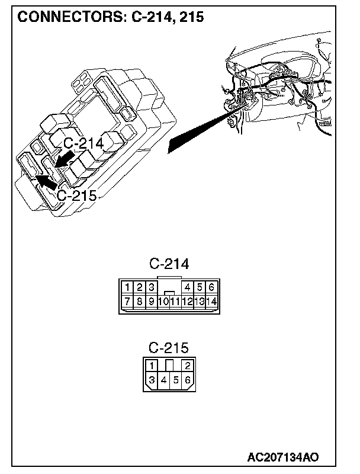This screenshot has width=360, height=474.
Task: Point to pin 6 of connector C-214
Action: [x=211, y=287]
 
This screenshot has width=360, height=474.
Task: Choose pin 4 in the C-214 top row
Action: [x=188, y=287]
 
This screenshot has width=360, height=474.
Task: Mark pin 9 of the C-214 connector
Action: [x=152, y=302]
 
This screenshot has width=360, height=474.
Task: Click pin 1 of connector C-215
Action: [x=152, y=365]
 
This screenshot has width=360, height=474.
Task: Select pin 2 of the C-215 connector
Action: [x=187, y=365]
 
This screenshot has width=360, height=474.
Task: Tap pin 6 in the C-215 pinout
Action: [x=187, y=380]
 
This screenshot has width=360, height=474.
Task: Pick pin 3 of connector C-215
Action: [x=152, y=380]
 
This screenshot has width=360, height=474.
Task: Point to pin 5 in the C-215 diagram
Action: [x=176, y=380]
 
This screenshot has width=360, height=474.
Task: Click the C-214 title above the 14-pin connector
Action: [x=169, y=264]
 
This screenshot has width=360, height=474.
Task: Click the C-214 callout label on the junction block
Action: [x=83, y=143]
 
